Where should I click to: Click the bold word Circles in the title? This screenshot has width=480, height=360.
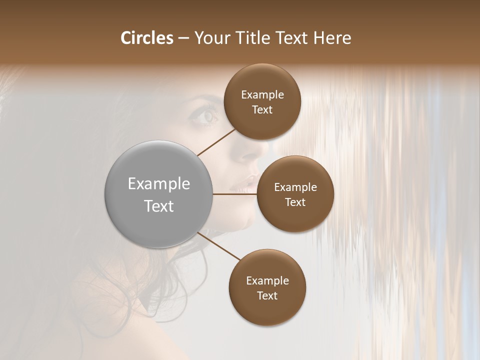147,38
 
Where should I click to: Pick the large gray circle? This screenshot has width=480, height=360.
158,194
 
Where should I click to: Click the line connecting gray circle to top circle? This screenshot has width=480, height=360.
217,141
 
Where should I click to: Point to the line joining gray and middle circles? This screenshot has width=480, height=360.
235,194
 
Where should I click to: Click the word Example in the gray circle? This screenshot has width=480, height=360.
159,184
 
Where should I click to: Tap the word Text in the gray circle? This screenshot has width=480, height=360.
159,206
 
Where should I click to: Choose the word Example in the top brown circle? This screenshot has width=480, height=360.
262,95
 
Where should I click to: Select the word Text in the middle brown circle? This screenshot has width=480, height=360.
295,202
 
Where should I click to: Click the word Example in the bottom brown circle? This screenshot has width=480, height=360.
267,281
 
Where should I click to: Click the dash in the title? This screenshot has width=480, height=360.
183,38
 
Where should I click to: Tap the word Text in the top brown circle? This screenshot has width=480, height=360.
262,110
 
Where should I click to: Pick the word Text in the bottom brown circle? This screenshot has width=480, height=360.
267,296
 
